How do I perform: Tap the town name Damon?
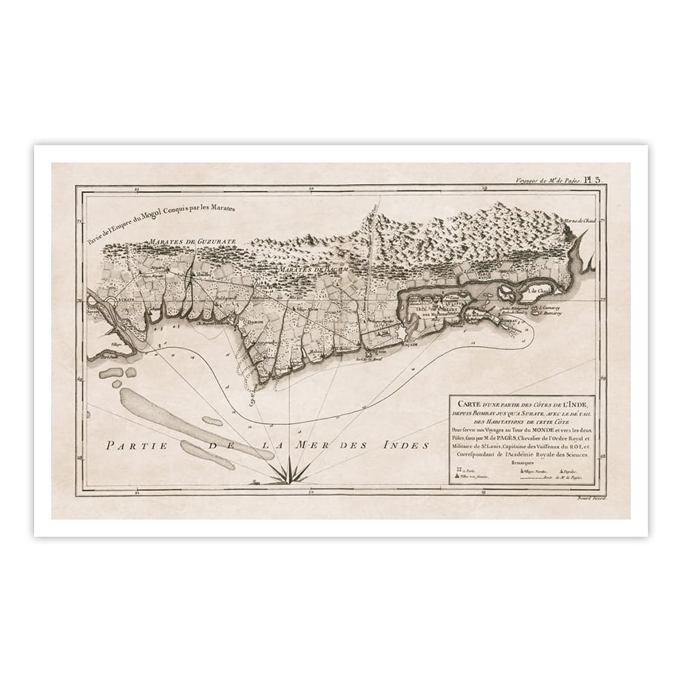click(x=255, y=319)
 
